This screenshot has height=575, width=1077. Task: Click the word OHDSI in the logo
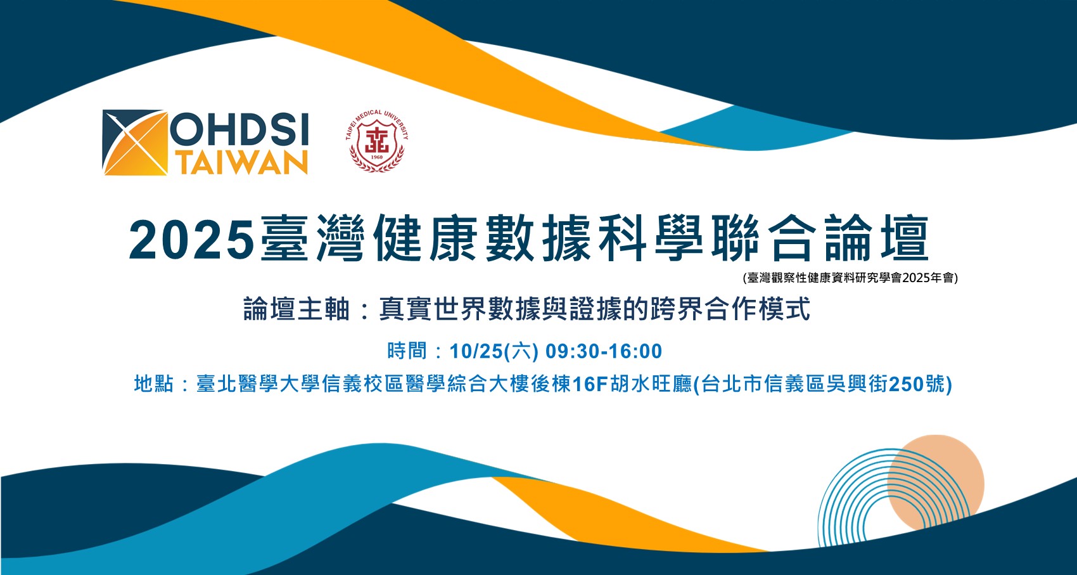pos(239,129)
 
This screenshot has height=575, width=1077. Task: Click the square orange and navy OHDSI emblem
pos(135,143)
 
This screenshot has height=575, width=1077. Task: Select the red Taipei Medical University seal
pos(377,141)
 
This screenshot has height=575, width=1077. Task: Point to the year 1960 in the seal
pos(377,157)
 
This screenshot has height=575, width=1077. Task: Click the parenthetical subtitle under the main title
pos(850,278)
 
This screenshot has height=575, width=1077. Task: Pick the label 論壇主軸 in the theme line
pos(296,309)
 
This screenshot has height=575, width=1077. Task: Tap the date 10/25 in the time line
pos(476,351)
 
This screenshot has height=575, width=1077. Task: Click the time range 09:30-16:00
pos(603,351)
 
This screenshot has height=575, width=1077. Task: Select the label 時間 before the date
pos(407,351)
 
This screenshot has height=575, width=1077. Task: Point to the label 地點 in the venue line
pos(153,384)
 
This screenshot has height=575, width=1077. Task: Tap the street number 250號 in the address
pos(917,384)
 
